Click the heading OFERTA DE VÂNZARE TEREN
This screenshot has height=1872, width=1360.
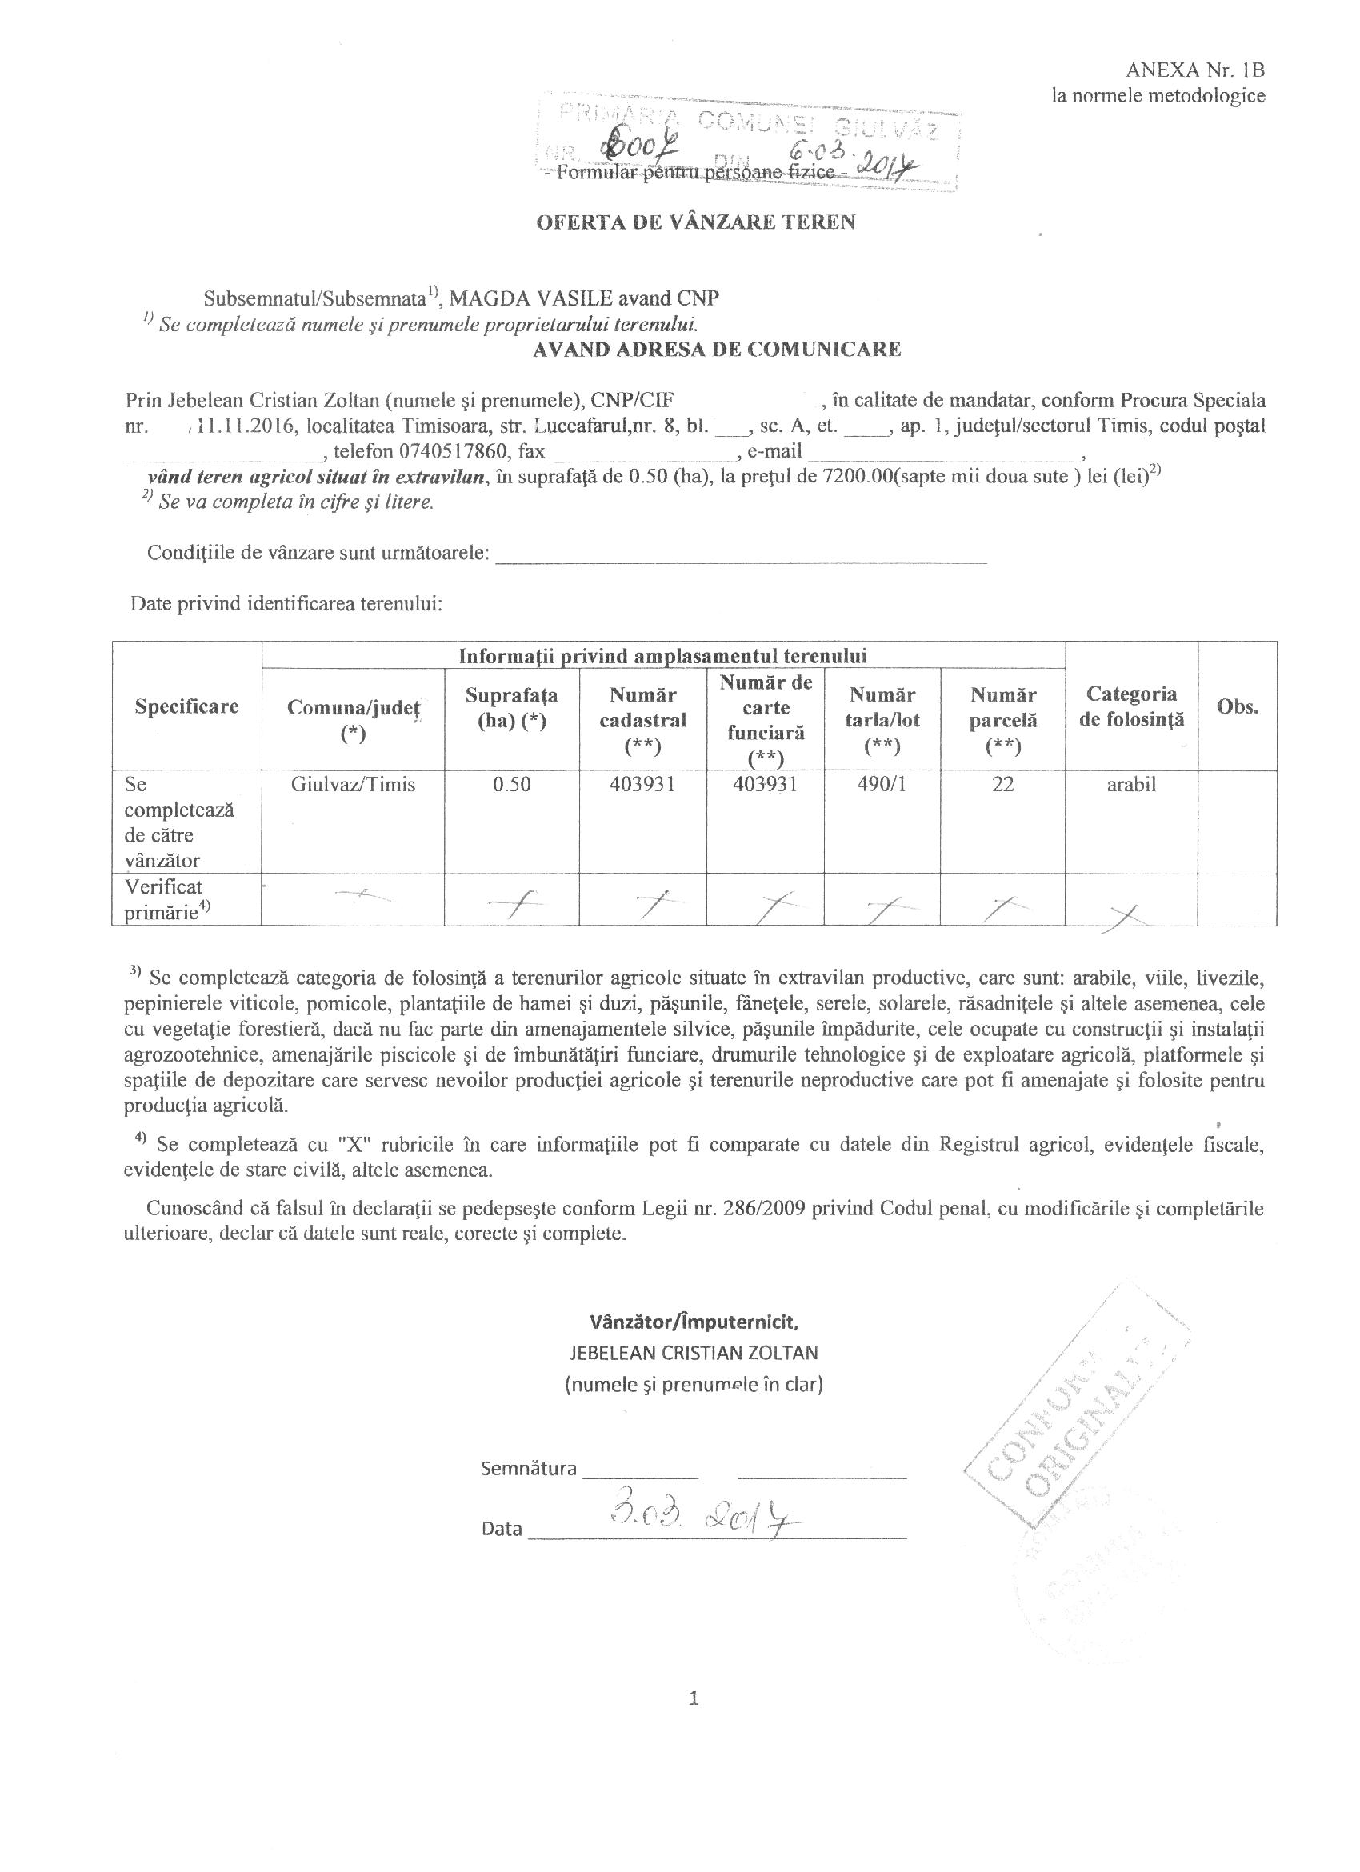coord(696,222)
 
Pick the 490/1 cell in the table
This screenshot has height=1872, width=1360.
coord(882,784)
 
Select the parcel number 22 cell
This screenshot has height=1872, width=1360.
coord(1002,784)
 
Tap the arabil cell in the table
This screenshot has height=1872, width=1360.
coord(1130,784)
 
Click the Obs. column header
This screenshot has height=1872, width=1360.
coord(1237,706)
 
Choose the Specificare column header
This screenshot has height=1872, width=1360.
coord(186,706)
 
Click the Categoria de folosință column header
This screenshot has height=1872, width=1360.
coord(1130,706)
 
